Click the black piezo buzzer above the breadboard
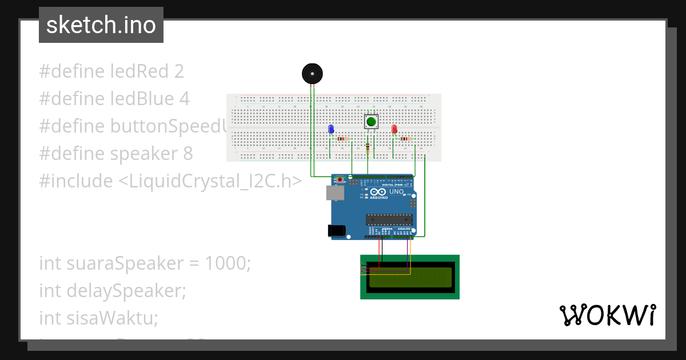point(312,74)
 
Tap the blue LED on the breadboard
point(331,129)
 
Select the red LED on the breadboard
point(394,129)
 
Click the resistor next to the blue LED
point(342,138)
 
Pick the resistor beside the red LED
point(406,138)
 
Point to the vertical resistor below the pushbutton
point(367,148)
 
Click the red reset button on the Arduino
point(341,179)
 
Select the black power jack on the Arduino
point(337,230)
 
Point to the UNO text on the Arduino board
point(397,191)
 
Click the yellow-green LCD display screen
point(410,277)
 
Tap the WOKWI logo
point(607,315)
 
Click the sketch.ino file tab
point(101,25)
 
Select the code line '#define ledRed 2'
point(111,71)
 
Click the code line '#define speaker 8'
point(115,154)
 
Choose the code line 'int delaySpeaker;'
point(113,291)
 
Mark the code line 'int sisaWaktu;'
point(98,317)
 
